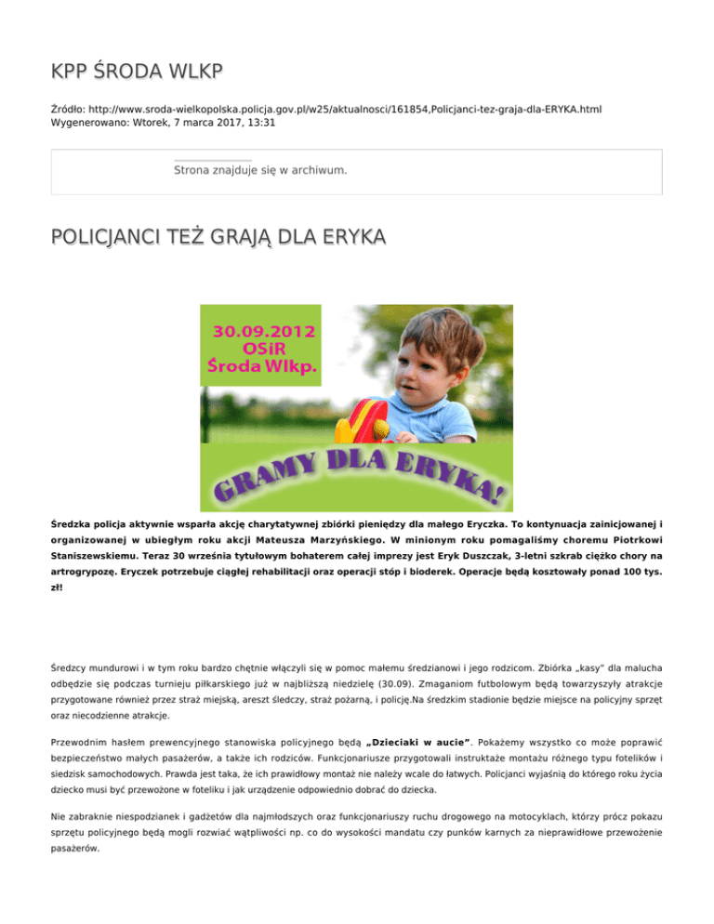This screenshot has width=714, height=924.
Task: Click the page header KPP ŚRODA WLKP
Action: pos(139,73)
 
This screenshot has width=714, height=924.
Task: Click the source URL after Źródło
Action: pos(343,110)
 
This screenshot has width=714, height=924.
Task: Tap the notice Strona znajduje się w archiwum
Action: pos(260,171)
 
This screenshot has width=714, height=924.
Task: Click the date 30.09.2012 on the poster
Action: pos(265,332)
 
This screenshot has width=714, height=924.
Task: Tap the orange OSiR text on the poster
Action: pos(265,350)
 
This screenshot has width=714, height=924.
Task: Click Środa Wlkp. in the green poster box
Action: pos(265,371)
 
